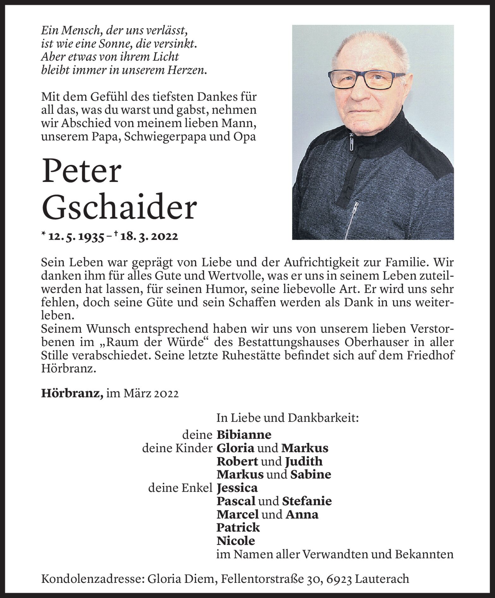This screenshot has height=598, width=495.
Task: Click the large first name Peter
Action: pos(81,172)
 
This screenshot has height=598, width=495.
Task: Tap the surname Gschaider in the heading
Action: pos(119,209)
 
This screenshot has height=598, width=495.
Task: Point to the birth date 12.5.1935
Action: pos(76,237)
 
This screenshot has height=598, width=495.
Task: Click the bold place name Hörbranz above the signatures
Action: pos(71,394)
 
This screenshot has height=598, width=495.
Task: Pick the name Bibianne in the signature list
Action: pos(244,435)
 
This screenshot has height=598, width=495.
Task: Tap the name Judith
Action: pos(304,461)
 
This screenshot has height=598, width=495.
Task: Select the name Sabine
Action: pos(311,475)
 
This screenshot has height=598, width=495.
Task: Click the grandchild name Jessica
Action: pos(237,488)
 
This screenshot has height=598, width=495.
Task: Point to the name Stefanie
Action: pos(307,501)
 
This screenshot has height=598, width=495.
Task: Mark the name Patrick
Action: pos(238,527)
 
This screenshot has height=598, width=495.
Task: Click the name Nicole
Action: pos(235,541)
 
